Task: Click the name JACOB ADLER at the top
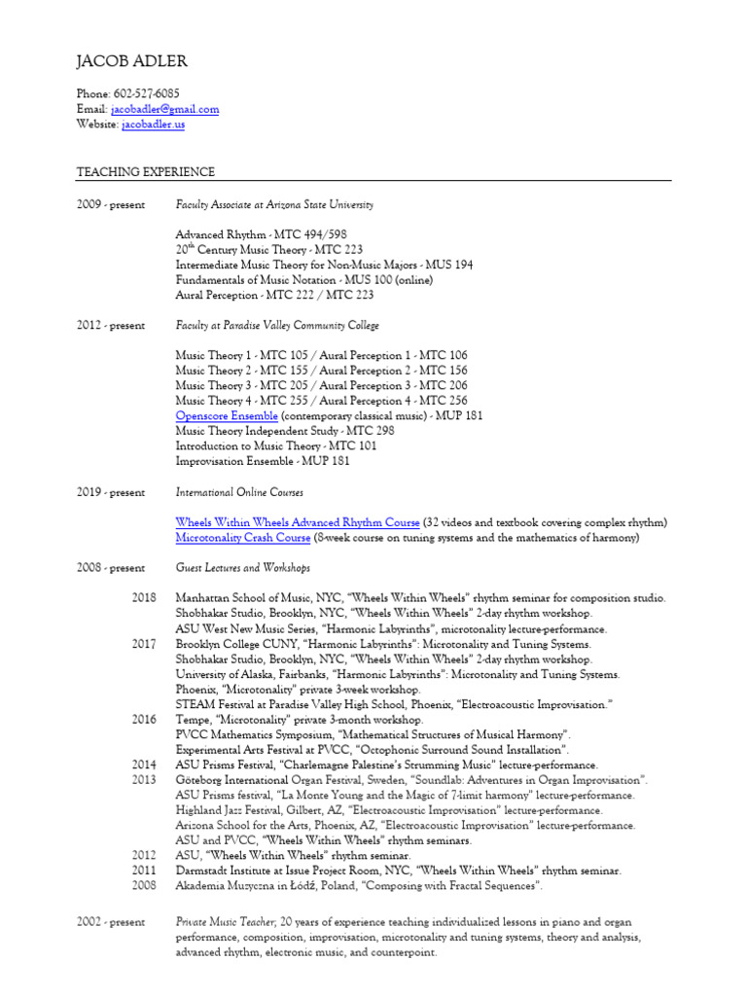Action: click(131, 62)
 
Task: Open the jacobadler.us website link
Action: click(153, 125)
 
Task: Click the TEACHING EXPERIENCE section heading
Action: click(145, 172)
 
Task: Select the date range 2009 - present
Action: click(110, 205)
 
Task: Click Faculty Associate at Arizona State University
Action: click(273, 205)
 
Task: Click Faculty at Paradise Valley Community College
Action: click(276, 326)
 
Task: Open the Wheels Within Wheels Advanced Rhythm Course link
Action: click(298, 522)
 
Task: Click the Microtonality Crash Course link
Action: click(243, 537)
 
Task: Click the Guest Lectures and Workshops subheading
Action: click(242, 568)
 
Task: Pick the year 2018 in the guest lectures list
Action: click(144, 598)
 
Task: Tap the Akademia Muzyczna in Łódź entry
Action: click(359, 885)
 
